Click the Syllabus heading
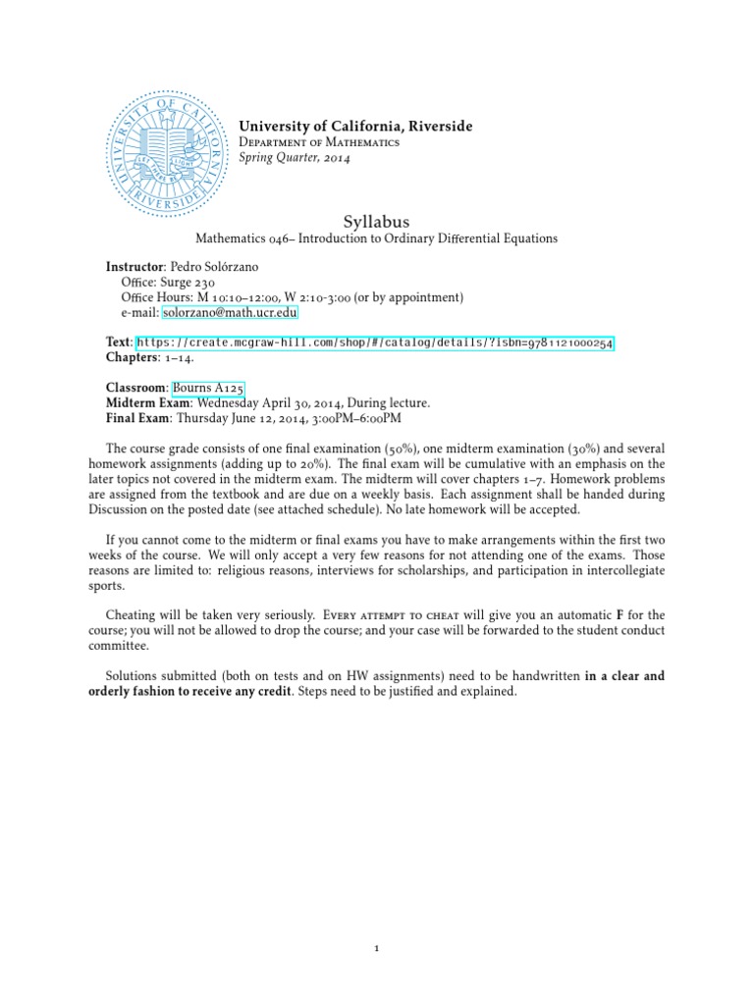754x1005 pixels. click(x=377, y=223)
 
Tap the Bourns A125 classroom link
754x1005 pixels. click(x=200, y=388)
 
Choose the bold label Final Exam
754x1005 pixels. click(x=137, y=418)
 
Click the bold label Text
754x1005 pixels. click(x=118, y=342)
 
